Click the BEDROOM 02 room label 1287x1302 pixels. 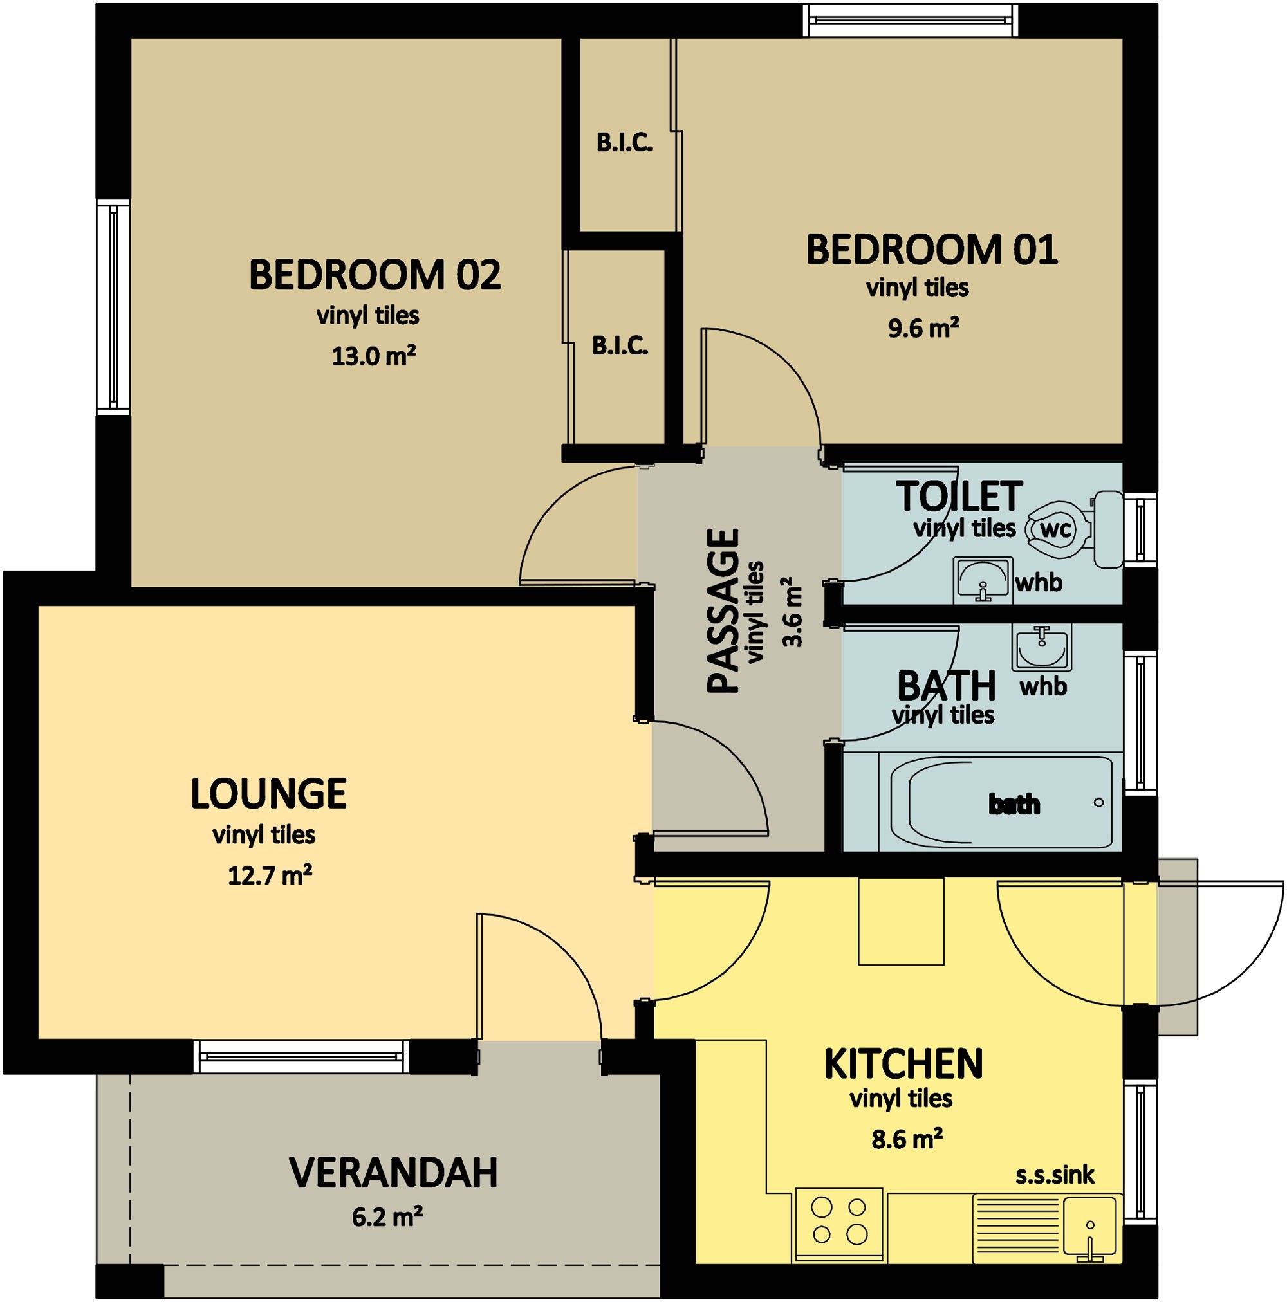(x=375, y=275)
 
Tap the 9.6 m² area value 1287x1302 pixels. (x=923, y=329)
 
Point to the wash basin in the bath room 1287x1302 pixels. (x=1042, y=648)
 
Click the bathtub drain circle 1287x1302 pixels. (x=1099, y=803)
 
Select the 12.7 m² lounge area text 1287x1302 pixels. (x=269, y=876)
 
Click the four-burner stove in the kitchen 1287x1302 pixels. (x=838, y=1220)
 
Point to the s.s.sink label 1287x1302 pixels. (x=1055, y=1175)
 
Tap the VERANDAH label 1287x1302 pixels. (x=393, y=1173)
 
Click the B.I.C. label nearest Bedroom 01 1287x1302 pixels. (x=624, y=143)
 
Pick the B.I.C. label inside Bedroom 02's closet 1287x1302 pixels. (x=620, y=346)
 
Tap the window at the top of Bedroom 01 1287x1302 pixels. (x=911, y=20)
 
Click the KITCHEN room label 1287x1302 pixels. (x=903, y=1064)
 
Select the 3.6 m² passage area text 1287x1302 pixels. (x=793, y=612)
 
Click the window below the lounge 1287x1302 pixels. (x=301, y=1056)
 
